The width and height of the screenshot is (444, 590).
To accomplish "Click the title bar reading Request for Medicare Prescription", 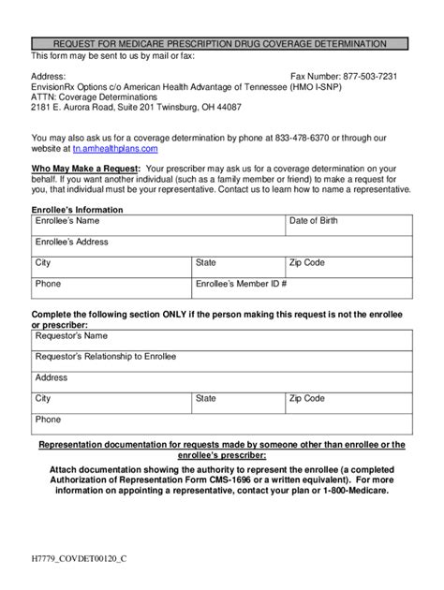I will (x=220, y=44).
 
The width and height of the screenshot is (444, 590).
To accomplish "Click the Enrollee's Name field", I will (x=159, y=226).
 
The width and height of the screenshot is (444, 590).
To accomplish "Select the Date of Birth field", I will (x=348, y=226).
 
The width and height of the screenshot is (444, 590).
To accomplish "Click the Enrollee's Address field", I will (x=222, y=246).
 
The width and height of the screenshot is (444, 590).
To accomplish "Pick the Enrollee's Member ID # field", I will (x=302, y=288).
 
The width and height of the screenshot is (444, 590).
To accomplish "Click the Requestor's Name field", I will (x=222, y=340).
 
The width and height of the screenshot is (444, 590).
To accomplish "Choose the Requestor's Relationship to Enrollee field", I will (x=222, y=361).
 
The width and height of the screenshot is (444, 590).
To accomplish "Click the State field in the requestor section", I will (x=238, y=404).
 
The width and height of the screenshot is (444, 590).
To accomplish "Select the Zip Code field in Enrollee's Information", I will (x=348, y=268).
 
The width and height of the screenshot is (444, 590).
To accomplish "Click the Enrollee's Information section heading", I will (x=78, y=210).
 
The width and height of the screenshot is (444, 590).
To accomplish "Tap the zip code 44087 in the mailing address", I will (x=228, y=107).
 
